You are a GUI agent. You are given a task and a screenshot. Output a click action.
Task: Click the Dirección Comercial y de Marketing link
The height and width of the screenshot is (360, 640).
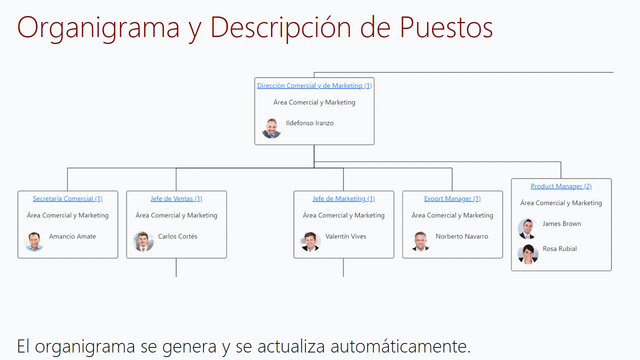click(x=314, y=85)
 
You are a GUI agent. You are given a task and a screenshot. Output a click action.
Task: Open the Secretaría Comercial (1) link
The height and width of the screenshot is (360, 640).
click(x=67, y=198)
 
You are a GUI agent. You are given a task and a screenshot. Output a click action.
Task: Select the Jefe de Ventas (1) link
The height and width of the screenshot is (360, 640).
click(x=176, y=198)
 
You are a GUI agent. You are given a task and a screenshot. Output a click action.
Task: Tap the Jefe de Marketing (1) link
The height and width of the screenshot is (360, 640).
click(x=343, y=198)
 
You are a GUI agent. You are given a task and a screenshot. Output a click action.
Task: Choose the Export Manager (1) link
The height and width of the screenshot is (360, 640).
click(x=452, y=198)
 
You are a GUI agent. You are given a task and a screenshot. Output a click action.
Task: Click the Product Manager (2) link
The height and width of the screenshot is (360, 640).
click(x=561, y=186)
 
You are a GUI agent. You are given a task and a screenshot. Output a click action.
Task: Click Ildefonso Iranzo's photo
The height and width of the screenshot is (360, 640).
click(x=271, y=128)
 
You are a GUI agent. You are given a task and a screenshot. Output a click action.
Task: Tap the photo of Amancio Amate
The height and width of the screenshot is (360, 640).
click(x=34, y=241)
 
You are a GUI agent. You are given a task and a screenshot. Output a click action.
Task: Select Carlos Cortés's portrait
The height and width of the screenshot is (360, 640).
click(x=143, y=241)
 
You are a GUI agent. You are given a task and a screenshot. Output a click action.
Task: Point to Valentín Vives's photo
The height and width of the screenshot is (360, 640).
click(x=310, y=241)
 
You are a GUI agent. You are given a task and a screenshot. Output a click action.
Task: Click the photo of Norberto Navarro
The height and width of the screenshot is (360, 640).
click(x=420, y=241)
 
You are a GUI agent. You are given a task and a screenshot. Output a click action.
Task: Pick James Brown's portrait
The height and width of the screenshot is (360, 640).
click(x=527, y=229)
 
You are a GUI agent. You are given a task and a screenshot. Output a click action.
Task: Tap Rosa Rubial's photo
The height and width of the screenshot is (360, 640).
click(x=528, y=254)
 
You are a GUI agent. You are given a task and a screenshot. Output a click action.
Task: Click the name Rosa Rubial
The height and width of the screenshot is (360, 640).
click(x=559, y=249)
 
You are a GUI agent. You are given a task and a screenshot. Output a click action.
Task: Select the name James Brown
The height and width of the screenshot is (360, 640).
click(x=561, y=223)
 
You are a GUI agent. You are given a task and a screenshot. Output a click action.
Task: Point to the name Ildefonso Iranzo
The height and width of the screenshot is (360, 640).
click(x=309, y=123)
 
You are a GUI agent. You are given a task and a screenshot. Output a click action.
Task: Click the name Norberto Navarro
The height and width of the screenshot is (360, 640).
click(x=461, y=236)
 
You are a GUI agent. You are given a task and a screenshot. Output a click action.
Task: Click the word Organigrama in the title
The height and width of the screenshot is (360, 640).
click(x=98, y=28)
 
